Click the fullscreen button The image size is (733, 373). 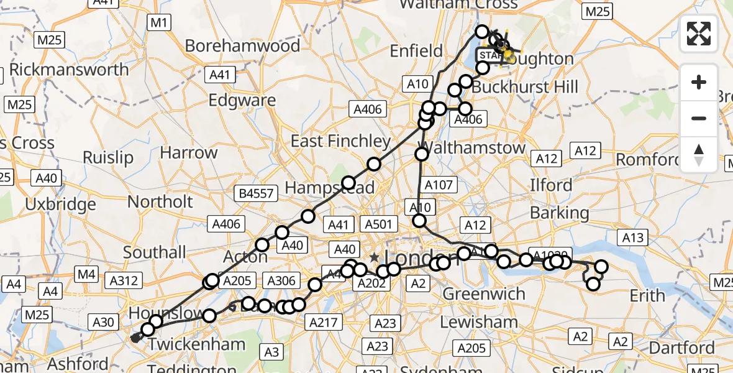coord(699,34)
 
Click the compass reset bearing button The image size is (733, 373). coord(699,154)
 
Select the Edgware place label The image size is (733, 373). coord(242,100)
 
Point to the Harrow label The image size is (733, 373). coord(189,152)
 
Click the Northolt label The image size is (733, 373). coord(160,201)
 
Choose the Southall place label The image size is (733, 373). coord(155,252)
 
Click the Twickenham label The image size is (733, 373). coord(190,344)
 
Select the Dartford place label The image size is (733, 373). coord(683,347)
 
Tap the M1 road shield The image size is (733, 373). coord(159,24)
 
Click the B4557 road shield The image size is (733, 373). coord(256,193)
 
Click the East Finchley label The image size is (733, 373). coord(340,141)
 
